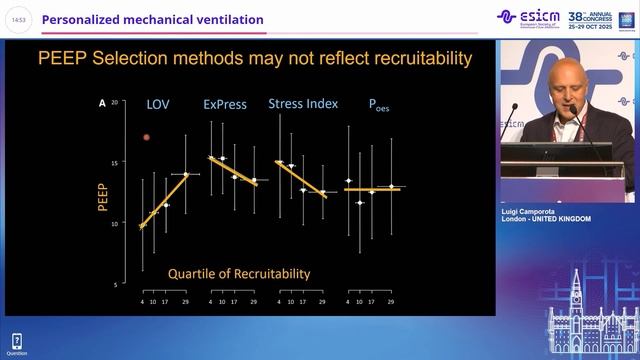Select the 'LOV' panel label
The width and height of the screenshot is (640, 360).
click(x=158, y=104)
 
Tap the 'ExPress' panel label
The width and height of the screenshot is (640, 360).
click(x=226, y=104)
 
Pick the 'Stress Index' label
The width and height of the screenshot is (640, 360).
click(x=303, y=103)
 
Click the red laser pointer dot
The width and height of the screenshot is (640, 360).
click(x=146, y=137)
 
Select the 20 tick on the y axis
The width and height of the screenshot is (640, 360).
click(x=115, y=102)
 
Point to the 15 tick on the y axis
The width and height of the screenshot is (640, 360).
click(x=115, y=162)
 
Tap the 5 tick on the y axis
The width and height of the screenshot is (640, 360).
click(x=116, y=285)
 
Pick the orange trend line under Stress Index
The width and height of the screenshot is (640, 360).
click(x=301, y=177)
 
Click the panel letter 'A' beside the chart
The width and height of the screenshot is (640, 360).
click(x=101, y=103)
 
